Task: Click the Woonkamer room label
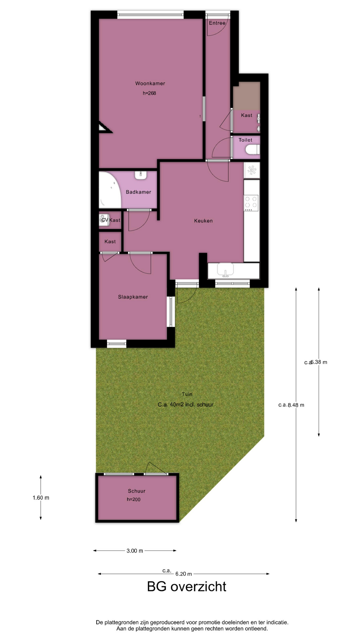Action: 150,83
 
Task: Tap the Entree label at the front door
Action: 217,23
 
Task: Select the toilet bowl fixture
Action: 252,149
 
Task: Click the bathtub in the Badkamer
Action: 110,190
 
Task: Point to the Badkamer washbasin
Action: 141,175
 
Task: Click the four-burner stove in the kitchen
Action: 251,203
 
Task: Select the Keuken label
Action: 203,221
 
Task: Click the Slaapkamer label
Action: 133,297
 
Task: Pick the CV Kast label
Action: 111,220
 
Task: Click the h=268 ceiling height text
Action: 149,93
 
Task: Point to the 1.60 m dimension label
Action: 41,498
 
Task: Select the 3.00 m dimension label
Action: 135,551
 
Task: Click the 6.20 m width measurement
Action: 184,574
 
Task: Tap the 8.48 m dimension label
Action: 296,405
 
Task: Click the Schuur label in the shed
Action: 137,491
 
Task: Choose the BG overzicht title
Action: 187,596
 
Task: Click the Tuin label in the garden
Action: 187,394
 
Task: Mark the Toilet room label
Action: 245,140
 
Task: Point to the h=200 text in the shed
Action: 134,499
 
